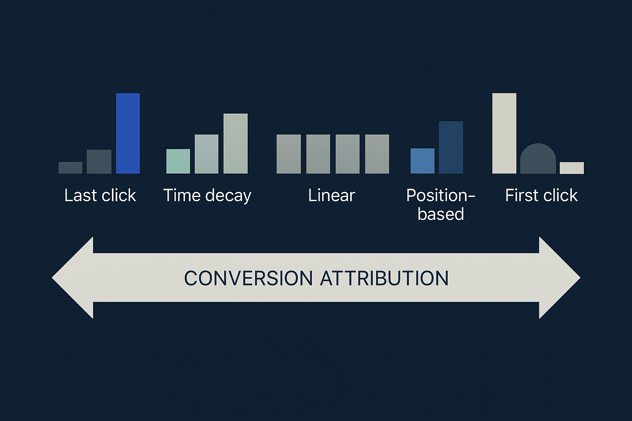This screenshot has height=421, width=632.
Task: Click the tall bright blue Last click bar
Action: tap(128, 133)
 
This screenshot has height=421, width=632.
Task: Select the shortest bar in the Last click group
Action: tap(70, 168)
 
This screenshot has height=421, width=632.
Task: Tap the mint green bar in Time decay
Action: tap(178, 161)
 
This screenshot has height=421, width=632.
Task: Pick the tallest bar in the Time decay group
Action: tap(236, 143)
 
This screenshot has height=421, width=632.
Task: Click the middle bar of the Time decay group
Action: tap(207, 154)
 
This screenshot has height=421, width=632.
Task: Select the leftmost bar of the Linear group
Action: tap(288, 154)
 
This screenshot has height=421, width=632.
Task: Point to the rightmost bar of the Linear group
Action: tap(377, 154)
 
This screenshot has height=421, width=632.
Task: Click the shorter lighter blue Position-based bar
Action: tap(423, 161)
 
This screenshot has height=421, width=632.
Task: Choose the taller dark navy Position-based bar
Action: tap(451, 148)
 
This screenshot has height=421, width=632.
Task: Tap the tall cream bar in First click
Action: tap(504, 133)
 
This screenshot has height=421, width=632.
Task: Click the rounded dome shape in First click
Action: tap(538, 160)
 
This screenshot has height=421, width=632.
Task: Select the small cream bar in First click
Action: tap(572, 168)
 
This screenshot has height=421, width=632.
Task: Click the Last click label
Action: tap(100, 195)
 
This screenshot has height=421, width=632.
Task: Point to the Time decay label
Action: tap(207, 196)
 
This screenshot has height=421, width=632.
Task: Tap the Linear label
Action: tap(332, 195)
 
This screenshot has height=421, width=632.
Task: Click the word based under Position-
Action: tap(441, 214)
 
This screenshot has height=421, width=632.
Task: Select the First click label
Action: tap(541, 195)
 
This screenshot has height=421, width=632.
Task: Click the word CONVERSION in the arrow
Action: tap(248, 278)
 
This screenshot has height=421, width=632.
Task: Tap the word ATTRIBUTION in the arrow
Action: tap(384, 278)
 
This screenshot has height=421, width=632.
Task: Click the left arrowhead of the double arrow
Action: tap(72, 278)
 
